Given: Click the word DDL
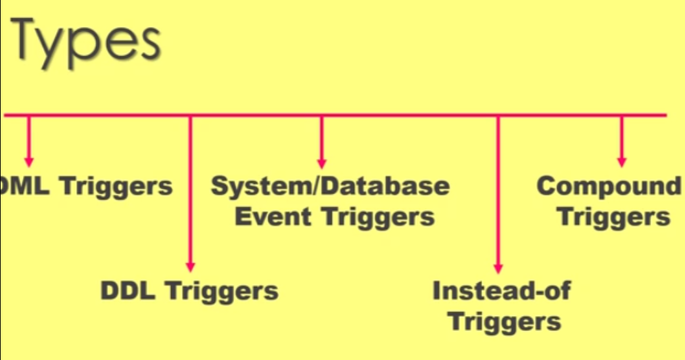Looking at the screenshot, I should click(128, 291).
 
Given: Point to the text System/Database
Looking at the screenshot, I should click(330, 186).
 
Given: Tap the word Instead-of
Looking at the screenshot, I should click(501, 291).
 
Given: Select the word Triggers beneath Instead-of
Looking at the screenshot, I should click(505, 321).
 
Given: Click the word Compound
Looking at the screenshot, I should click(609, 186).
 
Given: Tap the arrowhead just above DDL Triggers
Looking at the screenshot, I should click(190, 267).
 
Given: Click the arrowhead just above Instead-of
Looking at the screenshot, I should click(498, 267).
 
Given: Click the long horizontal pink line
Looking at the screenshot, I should click(406, 115).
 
